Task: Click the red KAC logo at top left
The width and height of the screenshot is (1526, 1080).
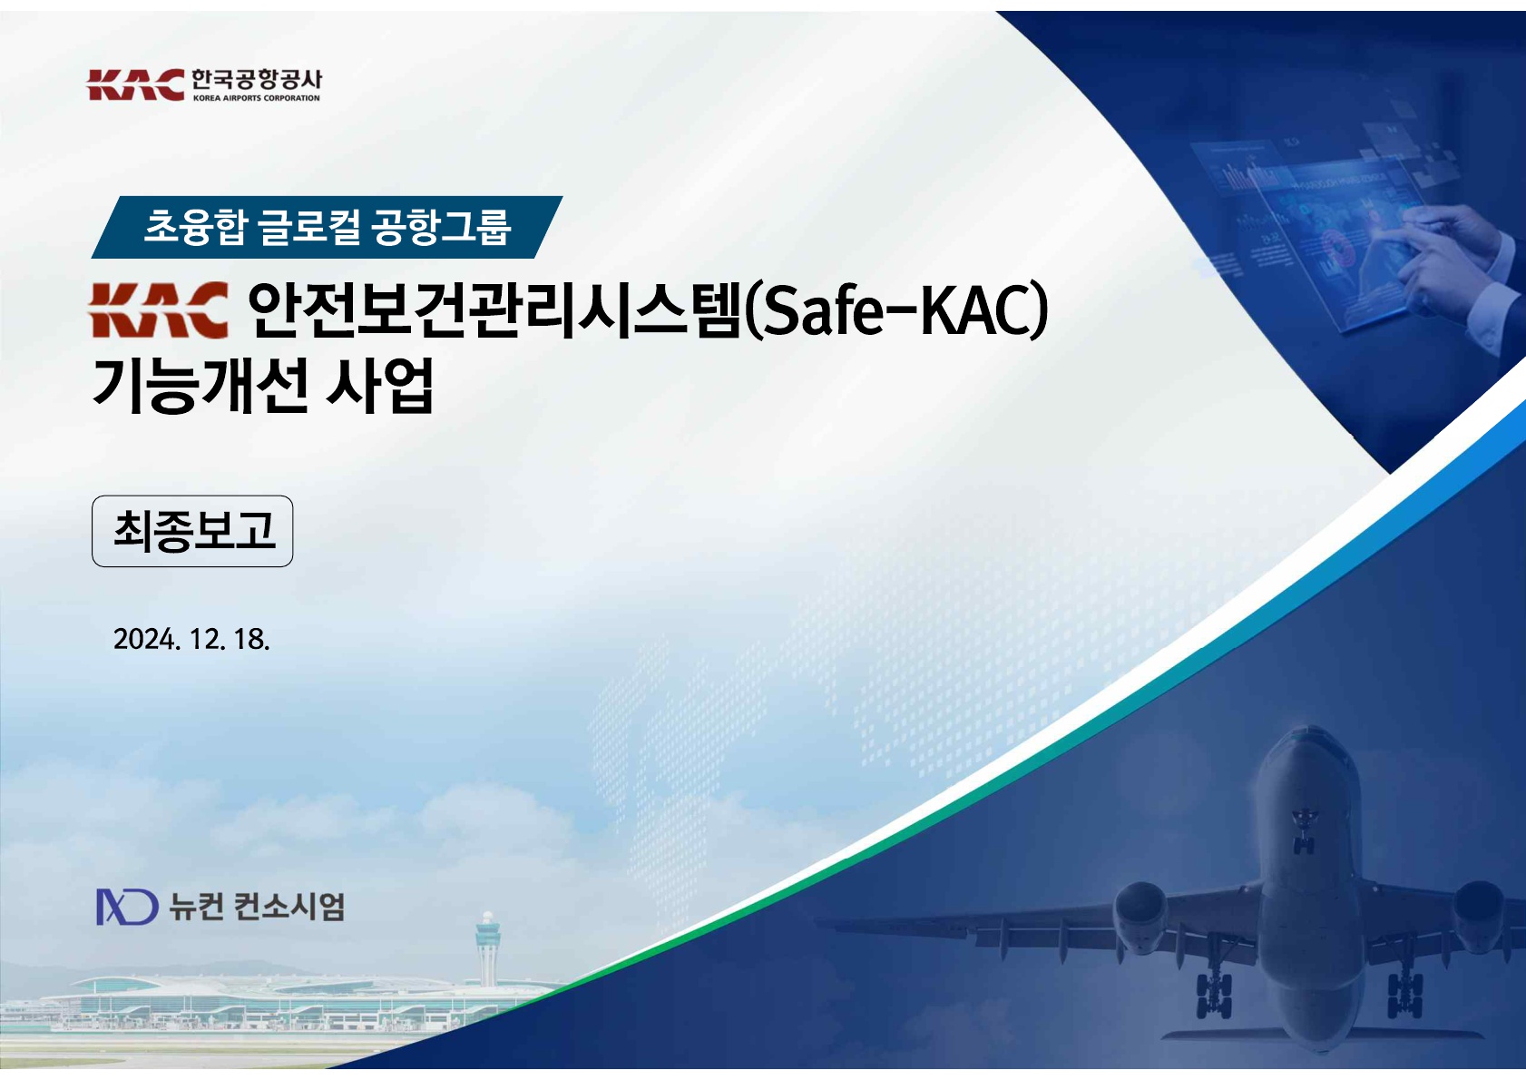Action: [135, 84]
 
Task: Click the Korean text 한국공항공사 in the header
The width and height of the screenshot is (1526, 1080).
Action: [256, 80]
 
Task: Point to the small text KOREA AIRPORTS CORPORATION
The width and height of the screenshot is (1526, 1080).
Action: [256, 98]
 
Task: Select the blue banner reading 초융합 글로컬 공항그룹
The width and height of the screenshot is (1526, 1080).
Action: [327, 227]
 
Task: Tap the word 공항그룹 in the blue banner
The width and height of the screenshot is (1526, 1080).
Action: [441, 227]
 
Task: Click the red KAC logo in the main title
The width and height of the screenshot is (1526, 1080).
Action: [158, 310]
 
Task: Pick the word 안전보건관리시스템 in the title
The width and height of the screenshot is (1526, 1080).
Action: [494, 310]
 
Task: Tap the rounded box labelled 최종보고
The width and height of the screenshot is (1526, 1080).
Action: [192, 531]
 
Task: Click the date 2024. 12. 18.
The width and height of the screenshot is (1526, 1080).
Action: [191, 639]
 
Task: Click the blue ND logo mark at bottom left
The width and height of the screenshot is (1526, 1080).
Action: [127, 907]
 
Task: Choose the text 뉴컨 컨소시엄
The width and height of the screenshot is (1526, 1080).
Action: [257, 907]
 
